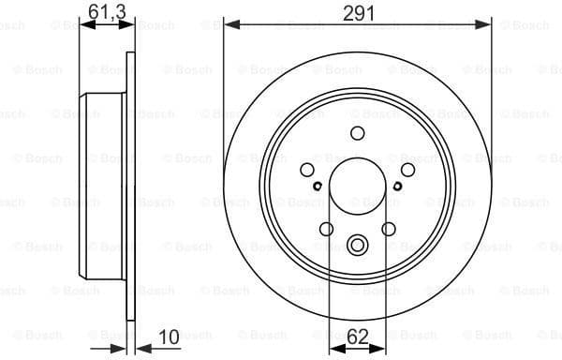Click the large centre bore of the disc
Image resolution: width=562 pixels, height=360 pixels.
coord(356,182)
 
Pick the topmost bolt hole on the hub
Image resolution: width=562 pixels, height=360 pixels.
coord(356,133)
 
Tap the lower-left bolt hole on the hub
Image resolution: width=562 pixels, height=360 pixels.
coord(326,228)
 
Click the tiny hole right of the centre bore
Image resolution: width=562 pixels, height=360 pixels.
coord(397,186)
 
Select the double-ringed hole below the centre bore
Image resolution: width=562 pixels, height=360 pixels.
coord(356,247)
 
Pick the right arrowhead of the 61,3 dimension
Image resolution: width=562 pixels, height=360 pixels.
coord(128,26)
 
